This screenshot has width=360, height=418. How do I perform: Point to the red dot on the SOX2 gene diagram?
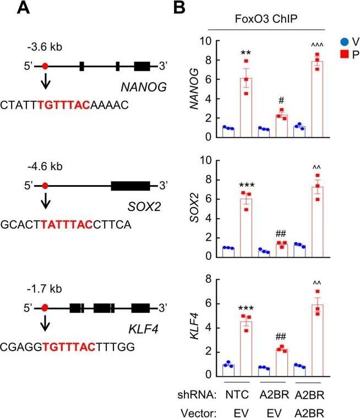click(x=45, y=186)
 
